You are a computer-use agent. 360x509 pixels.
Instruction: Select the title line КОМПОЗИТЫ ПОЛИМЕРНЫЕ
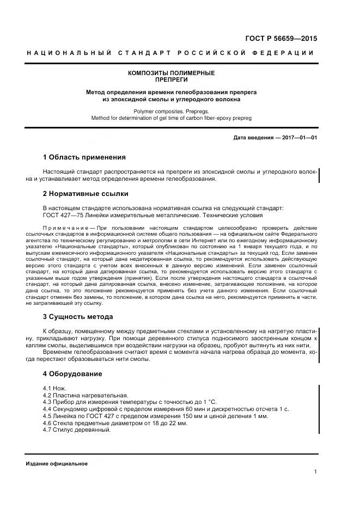coord(171,73)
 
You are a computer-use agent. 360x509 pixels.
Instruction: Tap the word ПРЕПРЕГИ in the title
coord(171,79)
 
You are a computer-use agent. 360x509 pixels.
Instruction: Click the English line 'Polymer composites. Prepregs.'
coord(171,110)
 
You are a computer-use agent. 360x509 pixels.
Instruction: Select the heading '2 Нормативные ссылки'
coord(85,193)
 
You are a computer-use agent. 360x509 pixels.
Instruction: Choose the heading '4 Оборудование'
coord(72,374)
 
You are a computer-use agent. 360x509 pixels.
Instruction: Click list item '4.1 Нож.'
coord(54,388)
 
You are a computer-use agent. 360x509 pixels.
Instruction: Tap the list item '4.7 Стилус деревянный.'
coord(76,430)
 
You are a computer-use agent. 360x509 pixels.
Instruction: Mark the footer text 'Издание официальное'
coord(57,463)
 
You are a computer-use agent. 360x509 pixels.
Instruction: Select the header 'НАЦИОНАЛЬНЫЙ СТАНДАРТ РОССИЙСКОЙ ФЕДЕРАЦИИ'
coord(171,53)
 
